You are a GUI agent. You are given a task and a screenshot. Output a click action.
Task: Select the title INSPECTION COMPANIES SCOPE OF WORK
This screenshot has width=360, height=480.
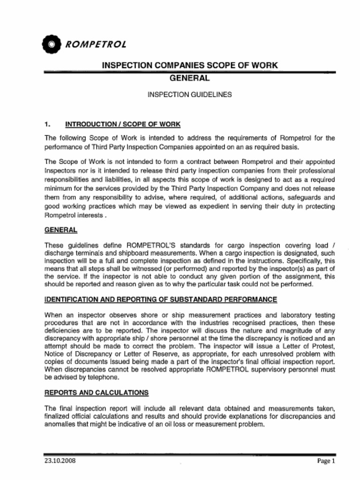point(190,66)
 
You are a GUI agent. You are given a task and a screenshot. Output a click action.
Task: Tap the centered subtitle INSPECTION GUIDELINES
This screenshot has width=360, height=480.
point(189,94)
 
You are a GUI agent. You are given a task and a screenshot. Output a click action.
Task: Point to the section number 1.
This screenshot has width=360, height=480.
point(47,124)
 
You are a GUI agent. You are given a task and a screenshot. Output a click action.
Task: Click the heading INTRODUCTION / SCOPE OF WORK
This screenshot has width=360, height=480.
point(122,124)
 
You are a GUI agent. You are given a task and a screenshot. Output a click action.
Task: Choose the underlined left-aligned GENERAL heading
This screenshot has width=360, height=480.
point(60,230)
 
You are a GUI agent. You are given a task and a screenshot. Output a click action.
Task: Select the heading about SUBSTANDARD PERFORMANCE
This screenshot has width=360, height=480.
point(160,299)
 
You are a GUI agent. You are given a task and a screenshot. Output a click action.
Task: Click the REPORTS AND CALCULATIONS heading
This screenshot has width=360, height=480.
point(96,392)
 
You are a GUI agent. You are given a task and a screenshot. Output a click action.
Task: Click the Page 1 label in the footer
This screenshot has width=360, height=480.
point(326,461)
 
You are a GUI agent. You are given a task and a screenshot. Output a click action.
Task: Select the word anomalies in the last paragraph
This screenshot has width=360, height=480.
point(60,425)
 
